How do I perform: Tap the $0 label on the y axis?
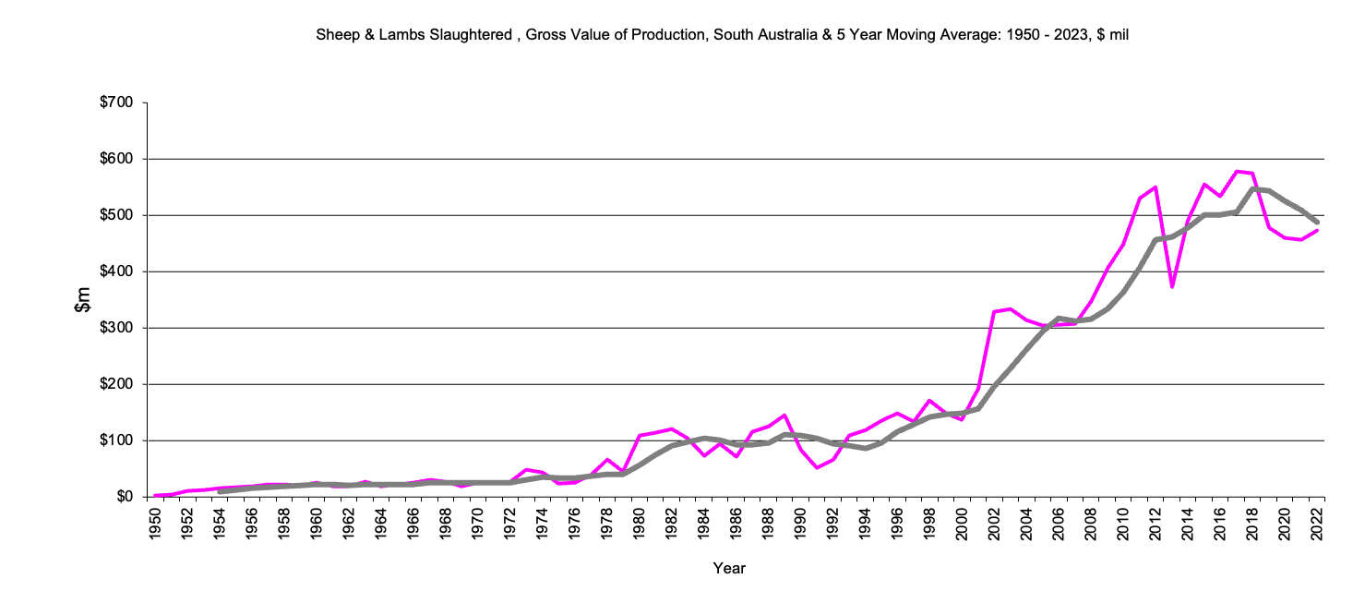(x=126, y=497)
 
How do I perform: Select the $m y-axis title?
(x=84, y=299)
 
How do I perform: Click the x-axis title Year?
(x=729, y=569)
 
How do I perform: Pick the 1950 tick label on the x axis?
(x=156, y=522)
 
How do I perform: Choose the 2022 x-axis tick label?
(x=1316, y=522)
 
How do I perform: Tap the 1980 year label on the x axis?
(x=639, y=522)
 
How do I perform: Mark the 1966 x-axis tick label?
(x=413, y=522)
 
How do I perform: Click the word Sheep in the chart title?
(x=335, y=35)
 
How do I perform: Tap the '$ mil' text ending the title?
(x=1113, y=35)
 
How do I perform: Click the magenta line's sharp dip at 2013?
(x=1171, y=286)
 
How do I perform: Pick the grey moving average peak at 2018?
(x=1252, y=189)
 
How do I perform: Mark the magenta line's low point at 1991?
(x=817, y=467)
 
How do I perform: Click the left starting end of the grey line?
(x=220, y=492)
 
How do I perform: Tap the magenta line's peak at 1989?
(x=784, y=416)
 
